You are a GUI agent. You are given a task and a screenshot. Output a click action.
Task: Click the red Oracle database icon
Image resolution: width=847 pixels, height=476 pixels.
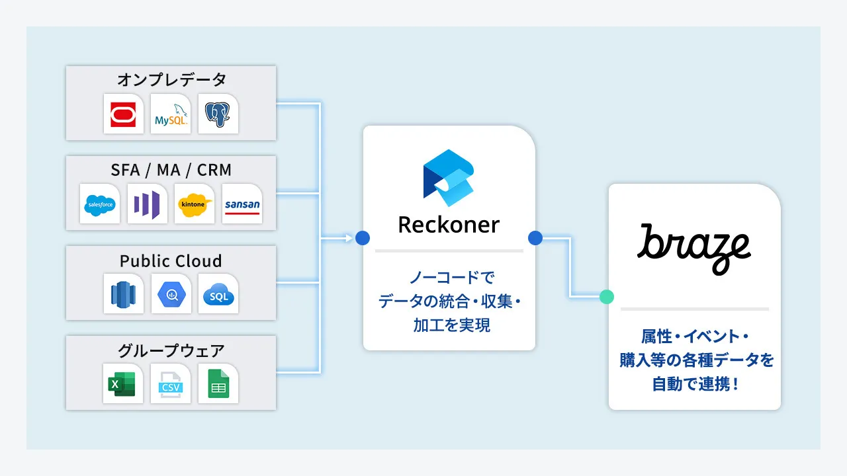coord(124,114)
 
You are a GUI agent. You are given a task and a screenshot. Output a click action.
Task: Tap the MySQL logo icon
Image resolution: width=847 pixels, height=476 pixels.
coord(171,114)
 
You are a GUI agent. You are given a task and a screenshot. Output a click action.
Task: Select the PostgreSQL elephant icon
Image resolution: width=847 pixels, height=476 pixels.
coord(218,114)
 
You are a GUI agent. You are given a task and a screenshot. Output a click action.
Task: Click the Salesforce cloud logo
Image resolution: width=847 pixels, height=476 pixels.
coord(100,204)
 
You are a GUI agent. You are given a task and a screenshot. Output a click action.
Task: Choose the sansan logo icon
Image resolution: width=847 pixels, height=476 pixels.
coord(242,204)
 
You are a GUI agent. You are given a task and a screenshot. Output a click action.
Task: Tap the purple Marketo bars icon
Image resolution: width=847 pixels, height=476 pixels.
coord(148,204)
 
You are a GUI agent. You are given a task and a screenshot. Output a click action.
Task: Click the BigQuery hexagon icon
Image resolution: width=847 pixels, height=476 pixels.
coord(171,294)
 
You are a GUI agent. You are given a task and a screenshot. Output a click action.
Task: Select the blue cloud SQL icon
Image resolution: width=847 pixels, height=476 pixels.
coord(218,294)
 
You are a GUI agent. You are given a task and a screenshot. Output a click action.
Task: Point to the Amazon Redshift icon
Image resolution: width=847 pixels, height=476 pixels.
coord(124,294)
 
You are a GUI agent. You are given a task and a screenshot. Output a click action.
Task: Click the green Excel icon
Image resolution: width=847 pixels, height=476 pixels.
coord(123,383)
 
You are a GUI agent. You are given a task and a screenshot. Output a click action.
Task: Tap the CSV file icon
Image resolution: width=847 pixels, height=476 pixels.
coord(171,383)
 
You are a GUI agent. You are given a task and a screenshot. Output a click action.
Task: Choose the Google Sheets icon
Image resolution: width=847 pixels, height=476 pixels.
coord(218,383)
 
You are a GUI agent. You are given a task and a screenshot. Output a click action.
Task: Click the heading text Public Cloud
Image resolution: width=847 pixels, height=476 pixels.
coord(171,260)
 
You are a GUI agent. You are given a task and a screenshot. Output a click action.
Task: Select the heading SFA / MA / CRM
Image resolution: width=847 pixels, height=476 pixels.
coord(171,170)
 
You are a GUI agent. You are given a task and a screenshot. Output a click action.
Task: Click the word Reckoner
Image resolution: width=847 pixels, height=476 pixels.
coord(449,225)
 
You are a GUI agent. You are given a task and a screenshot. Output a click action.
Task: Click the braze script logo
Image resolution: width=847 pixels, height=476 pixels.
coord(694,247)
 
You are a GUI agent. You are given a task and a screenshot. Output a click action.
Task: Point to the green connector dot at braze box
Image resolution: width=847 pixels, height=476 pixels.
coord(607,297)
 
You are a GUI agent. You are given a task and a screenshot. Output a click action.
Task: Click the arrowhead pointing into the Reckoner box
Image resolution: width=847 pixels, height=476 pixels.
coord(349,238)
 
